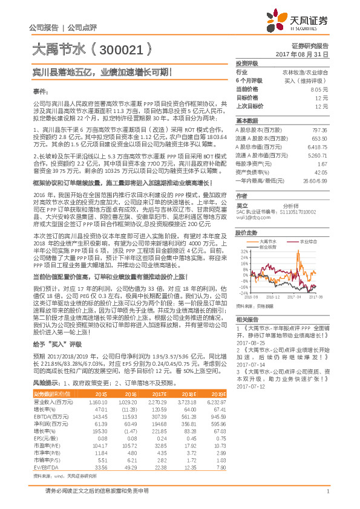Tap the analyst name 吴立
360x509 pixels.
242,204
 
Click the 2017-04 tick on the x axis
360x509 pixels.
293,297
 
